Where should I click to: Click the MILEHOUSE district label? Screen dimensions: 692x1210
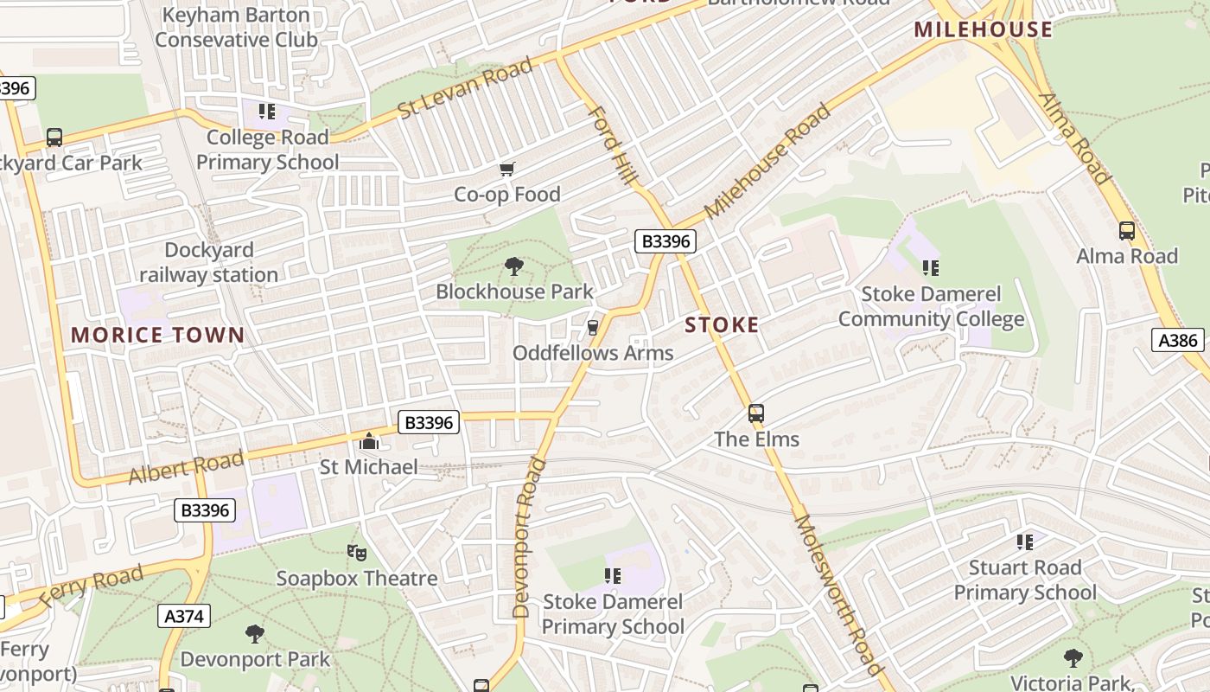984,30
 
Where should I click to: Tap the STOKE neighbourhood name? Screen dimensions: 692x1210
722,325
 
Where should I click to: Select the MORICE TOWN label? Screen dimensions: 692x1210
157,336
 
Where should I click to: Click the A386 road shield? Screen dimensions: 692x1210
1177,340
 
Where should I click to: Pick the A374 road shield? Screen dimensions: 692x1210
184,617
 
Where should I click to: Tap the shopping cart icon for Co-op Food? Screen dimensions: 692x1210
507,169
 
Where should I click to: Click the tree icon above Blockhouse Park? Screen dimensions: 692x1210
514,266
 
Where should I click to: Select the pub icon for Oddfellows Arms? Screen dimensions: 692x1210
593,328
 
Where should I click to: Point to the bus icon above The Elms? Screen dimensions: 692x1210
756,413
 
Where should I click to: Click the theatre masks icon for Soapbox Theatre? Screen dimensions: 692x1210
356,552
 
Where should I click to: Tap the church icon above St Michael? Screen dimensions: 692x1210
369,442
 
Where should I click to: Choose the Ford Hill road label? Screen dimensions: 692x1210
612,145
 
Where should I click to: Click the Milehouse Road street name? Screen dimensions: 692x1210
767,161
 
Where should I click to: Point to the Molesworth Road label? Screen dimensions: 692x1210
838,594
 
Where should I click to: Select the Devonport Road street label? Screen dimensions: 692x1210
529,537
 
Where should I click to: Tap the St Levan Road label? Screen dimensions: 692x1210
466,89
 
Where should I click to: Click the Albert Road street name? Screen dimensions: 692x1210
186,468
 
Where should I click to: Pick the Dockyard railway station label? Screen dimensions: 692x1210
209,263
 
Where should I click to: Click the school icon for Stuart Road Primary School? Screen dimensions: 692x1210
1024,542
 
